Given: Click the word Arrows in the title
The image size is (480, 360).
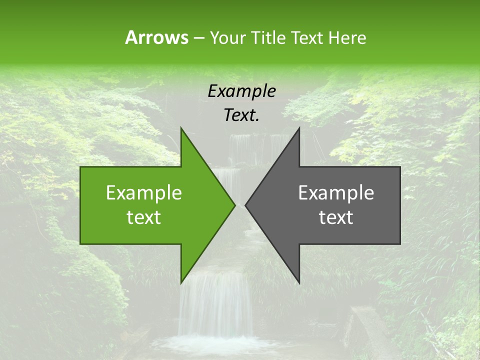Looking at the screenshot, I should pyautogui.click(x=156, y=37).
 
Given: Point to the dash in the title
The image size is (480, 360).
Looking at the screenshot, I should pyautogui.click(x=198, y=38).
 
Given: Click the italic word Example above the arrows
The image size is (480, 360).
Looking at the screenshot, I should pyautogui.click(x=241, y=91).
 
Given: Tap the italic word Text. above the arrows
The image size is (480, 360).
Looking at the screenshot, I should pyautogui.click(x=241, y=115).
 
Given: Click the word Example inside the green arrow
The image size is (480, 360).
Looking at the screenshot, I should pyautogui.click(x=144, y=193).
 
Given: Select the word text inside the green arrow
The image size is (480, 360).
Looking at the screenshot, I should pyautogui.click(x=144, y=217).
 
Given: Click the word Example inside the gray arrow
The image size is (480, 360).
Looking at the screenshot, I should pyautogui.click(x=336, y=193).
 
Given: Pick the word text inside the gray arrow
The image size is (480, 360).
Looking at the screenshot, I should pyautogui.click(x=336, y=217).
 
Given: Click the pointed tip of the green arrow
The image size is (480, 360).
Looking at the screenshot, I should pyautogui.click(x=234, y=205).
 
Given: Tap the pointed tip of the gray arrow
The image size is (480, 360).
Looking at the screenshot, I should pyautogui.click(x=246, y=205).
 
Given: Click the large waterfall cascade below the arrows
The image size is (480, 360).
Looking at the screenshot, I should pyautogui.click(x=215, y=305).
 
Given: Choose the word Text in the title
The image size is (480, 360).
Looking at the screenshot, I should pyautogui.click(x=309, y=37).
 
